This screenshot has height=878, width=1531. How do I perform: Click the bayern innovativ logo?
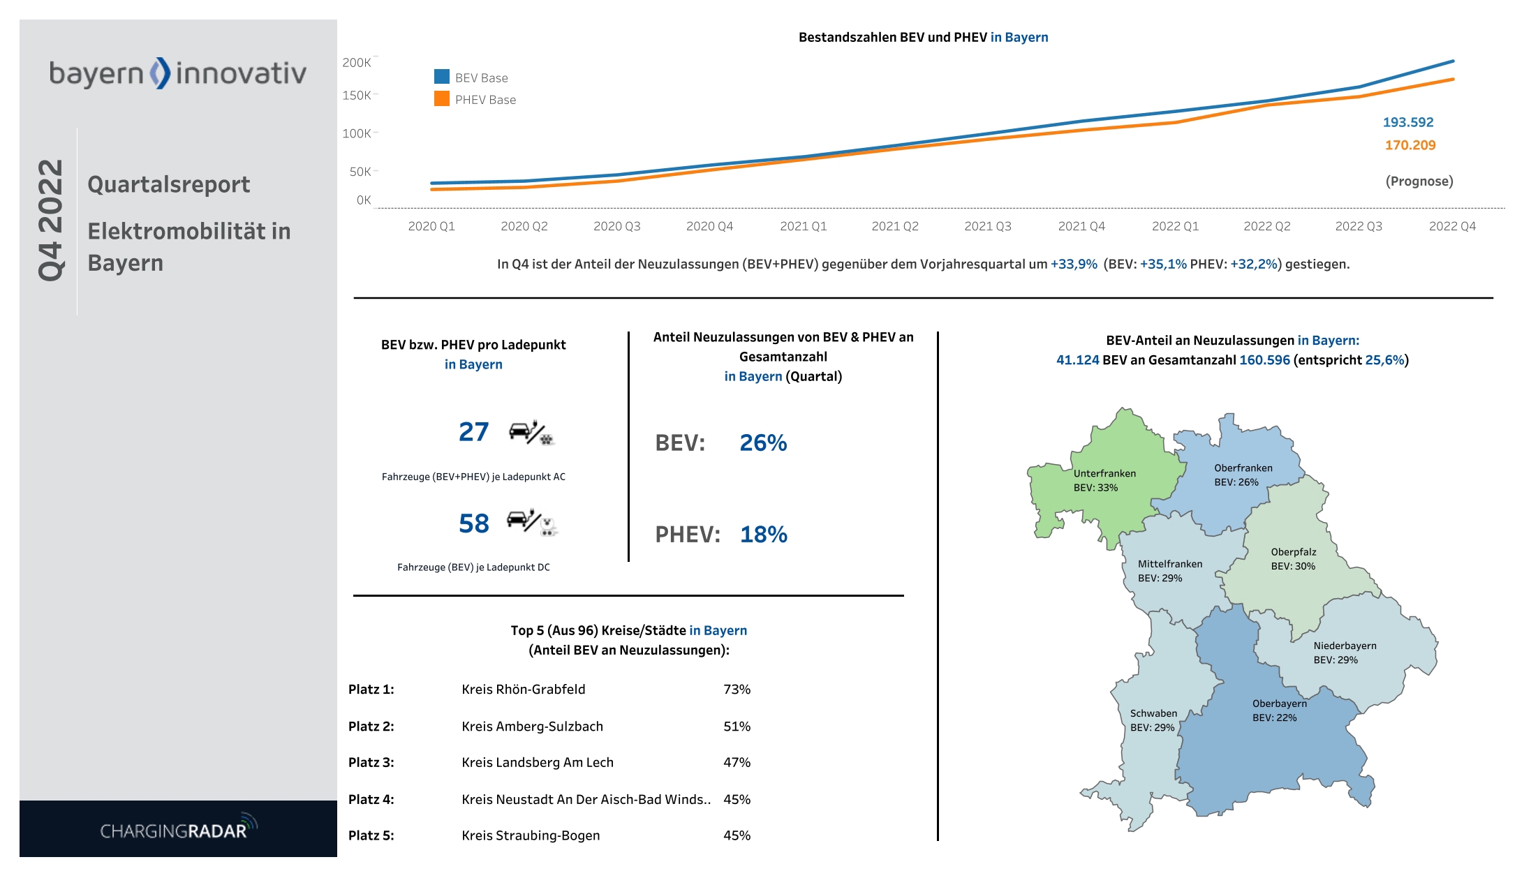pos(177,73)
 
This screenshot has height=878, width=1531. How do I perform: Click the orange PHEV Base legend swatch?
pos(442,99)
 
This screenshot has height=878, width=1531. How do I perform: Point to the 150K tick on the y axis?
pos(356,95)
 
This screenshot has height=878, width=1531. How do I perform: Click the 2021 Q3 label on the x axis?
pos(987,226)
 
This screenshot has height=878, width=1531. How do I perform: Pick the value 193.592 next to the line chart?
pos(1407,122)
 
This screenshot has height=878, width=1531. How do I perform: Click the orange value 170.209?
pos(1410,145)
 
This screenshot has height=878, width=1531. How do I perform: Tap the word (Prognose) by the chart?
pos(1419,181)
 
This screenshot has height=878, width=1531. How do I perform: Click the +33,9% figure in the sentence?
pos(1073,265)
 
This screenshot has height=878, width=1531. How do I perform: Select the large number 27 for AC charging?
pos(473,432)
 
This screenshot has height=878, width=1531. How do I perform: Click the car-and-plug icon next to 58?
pos(533,522)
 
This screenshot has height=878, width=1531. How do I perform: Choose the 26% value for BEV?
pos(762,443)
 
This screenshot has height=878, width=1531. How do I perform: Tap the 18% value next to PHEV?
pos(763,535)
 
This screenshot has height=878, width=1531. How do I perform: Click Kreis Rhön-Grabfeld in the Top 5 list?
pos(523,690)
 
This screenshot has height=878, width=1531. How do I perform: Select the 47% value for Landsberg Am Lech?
pos(737,763)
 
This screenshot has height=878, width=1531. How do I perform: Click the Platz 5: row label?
pos(371,835)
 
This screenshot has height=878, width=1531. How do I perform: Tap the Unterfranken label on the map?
pos(1104,473)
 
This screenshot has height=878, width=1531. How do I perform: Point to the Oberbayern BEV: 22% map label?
pos(1278,710)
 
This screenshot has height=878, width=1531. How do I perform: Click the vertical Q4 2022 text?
pos(50,221)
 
